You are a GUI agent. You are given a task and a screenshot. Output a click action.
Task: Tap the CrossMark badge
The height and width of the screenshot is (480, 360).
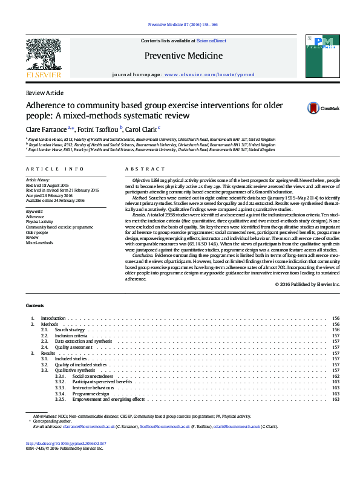coord(326,108)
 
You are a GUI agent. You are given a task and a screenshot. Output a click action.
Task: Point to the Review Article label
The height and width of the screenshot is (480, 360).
coord(44,92)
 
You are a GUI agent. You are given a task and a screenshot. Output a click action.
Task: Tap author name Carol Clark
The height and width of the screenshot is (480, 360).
coord(140,129)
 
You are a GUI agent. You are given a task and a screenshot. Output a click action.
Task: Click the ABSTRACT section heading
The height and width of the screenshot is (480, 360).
coord(145,169)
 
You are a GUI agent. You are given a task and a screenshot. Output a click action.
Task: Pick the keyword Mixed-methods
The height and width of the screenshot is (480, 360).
coord(39,242)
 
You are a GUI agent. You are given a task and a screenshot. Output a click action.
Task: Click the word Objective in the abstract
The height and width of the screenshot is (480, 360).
coord(141,180)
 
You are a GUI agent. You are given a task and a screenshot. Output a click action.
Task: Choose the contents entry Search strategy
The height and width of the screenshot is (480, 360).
coord(70,329)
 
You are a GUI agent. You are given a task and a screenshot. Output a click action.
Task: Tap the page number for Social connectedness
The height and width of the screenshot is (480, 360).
coord(336,376)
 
